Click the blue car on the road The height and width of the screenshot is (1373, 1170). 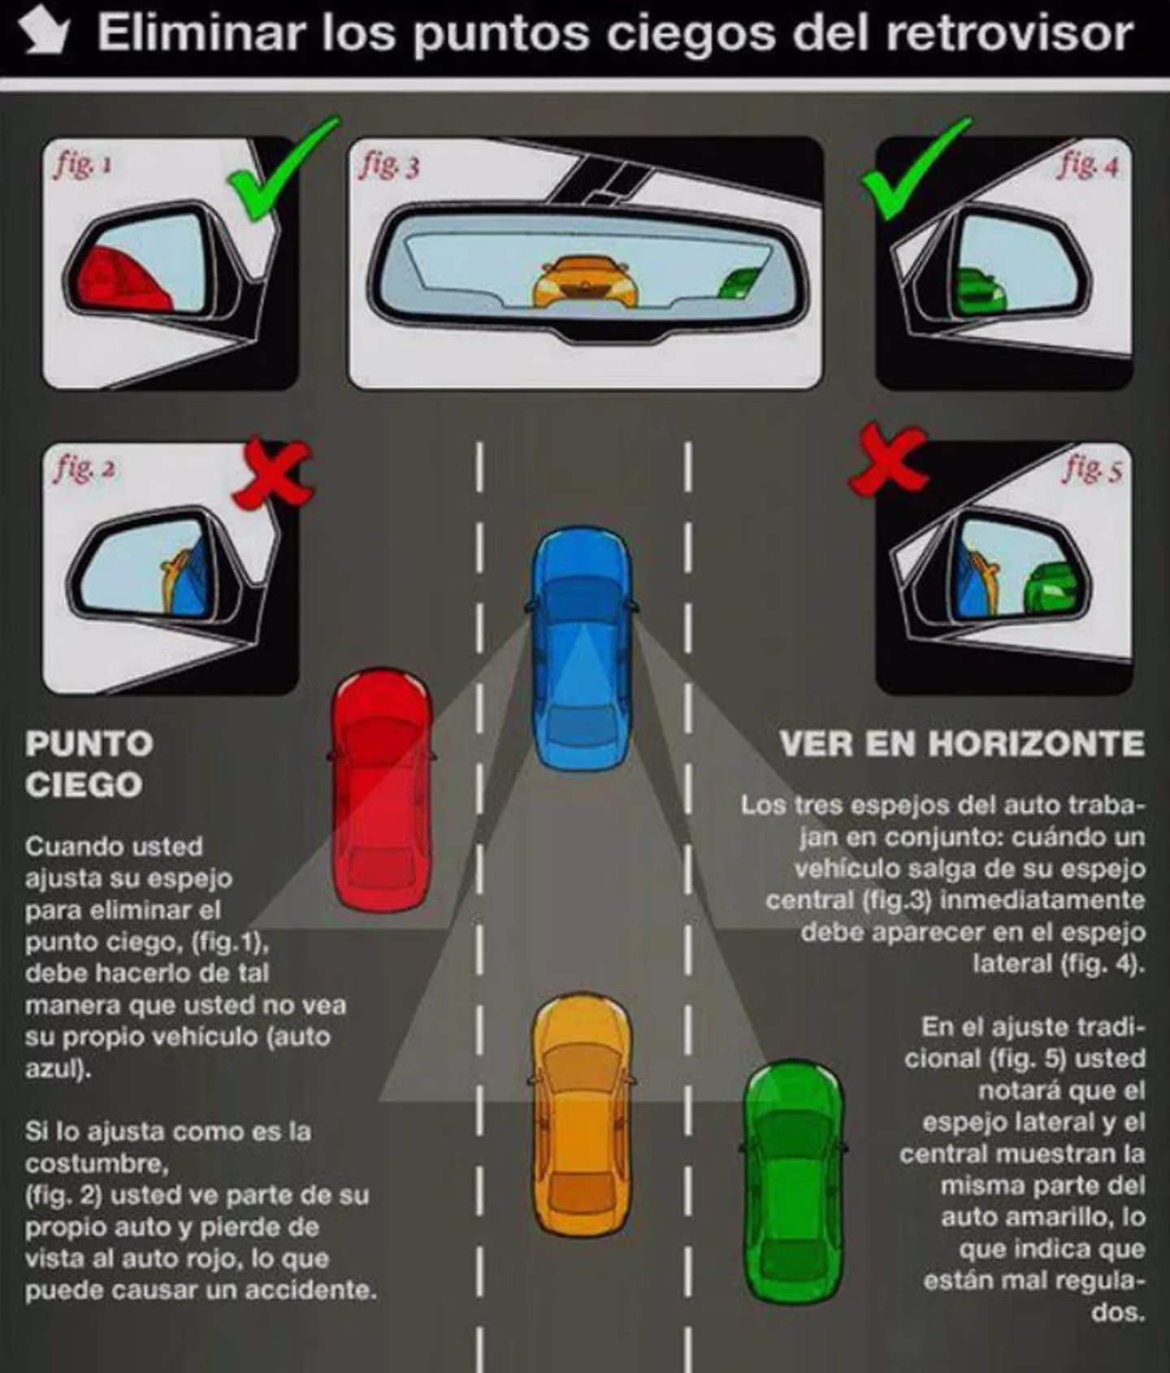click(582, 648)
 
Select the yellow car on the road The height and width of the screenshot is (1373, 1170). click(582, 1115)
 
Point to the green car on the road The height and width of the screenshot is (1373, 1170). click(793, 1181)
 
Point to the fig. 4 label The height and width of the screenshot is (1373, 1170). click(1088, 165)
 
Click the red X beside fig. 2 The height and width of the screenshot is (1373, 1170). click(271, 474)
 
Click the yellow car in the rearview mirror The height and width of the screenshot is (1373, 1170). click(583, 282)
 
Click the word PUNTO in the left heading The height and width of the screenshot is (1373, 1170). click(89, 743)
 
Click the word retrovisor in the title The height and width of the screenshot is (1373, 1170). click(1009, 33)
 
